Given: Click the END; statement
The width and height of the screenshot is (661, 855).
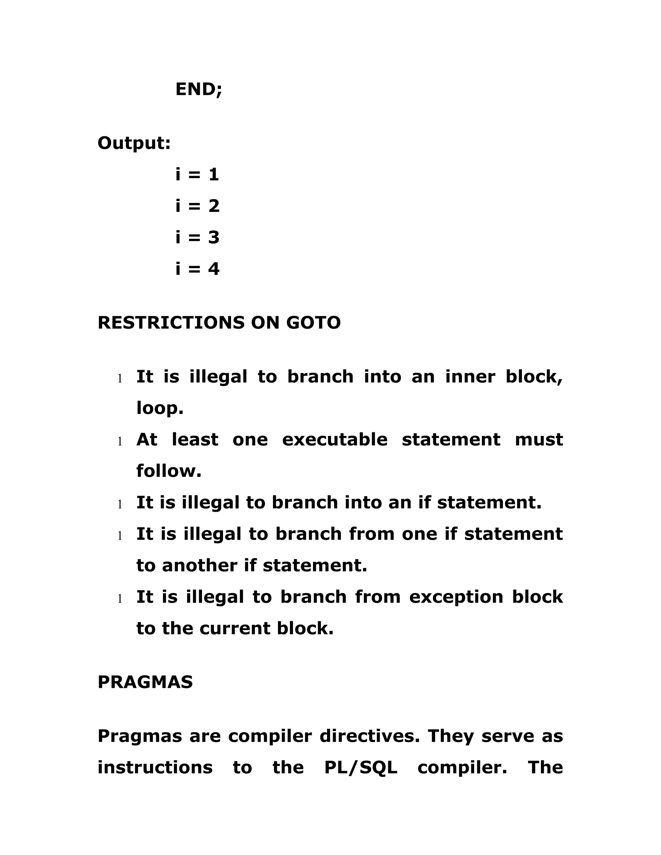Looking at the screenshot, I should [198, 90].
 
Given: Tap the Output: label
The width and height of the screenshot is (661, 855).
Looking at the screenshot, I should [134, 143].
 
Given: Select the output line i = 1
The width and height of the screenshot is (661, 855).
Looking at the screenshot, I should [197, 175].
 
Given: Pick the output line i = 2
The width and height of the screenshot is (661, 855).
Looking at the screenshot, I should [197, 206].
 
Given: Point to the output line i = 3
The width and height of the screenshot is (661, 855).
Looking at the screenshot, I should [197, 237].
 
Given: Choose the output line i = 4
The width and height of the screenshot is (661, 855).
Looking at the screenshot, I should [197, 269].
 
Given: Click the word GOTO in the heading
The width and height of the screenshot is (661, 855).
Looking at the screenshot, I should [313, 323].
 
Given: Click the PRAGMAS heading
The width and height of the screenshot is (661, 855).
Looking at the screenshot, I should [145, 682].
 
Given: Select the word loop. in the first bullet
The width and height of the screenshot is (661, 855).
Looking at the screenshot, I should [160, 409].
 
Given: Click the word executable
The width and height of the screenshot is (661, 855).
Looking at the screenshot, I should [335, 440].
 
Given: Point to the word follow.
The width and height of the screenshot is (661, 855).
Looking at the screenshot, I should [169, 471].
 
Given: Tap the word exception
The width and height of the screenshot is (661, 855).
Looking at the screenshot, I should [456, 597].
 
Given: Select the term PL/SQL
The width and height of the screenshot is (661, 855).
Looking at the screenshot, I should [361, 768].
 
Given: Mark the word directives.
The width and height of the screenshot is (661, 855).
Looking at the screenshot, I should [370, 736].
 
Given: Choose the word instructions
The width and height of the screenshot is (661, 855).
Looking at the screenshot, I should [155, 768].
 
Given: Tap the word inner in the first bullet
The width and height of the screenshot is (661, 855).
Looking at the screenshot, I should [470, 377].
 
